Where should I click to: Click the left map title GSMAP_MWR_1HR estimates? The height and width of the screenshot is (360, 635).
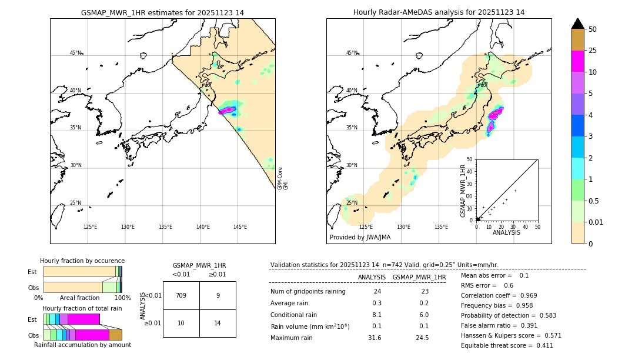(x=162, y=12)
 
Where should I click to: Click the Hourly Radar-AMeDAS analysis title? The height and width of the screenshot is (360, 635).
(x=439, y=12)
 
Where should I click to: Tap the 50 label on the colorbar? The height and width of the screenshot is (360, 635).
(x=593, y=29)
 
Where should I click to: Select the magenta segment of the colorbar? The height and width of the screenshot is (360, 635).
(x=577, y=61)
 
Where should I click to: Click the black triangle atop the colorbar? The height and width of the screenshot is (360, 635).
(x=577, y=24)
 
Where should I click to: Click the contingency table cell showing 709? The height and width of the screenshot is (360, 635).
(x=181, y=295)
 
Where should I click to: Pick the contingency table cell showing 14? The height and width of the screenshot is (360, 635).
(x=218, y=323)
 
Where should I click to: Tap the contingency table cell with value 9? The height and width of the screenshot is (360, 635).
(x=218, y=295)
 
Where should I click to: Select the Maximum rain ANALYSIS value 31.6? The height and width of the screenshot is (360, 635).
(x=374, y=338)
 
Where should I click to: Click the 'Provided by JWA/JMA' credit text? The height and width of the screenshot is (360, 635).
(x=360, y=237)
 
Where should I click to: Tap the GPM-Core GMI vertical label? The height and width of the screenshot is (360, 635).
(x=283, y=178)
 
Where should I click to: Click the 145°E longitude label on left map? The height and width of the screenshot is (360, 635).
(x=240, y=227)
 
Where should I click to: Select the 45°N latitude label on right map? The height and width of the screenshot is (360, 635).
(x=351, y=53)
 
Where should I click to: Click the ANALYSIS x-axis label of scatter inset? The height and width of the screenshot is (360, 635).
(x=506, y=232)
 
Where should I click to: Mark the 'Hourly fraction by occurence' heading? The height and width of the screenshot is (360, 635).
(x=82, y=261)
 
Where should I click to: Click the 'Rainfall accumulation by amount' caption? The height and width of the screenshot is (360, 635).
(x=82, y=345)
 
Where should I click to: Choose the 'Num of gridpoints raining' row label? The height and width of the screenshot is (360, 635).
(x=308, y=292)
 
